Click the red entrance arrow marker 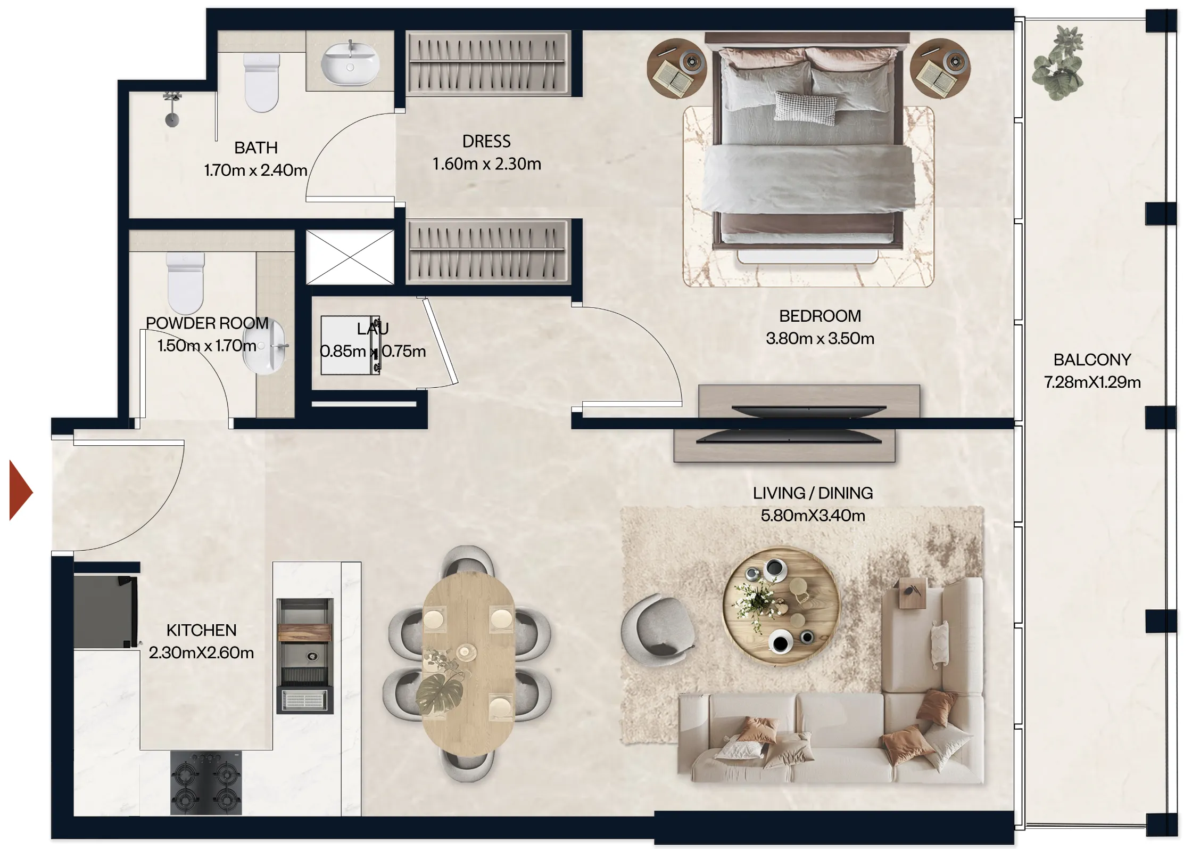point(20,491)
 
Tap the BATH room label point(256,148)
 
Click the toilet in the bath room point(261,83)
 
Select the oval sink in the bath point(350,64)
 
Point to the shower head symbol point(172,110)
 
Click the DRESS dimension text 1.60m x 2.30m point(486,164)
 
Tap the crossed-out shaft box point(350,257)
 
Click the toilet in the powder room point(186,282)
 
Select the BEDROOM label point(819,316)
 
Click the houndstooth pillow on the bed point(805,105)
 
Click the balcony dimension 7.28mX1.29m point(1092,382)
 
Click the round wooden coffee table point(781,607)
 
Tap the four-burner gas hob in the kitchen point(206,783)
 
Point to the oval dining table point(468,663)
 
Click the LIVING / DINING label point(813,493)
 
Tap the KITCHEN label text point(201,630)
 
